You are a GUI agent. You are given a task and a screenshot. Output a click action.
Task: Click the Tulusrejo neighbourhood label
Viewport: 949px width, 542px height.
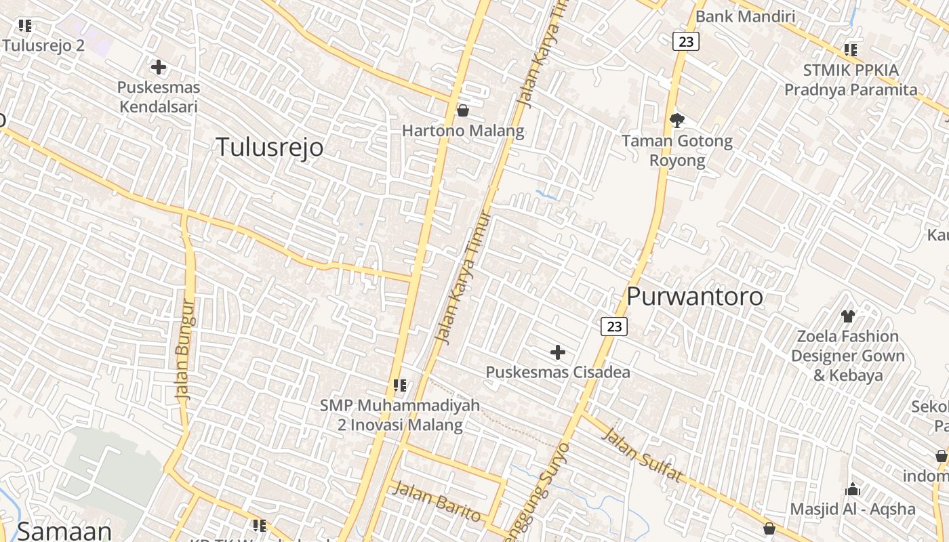(x=270, y=147)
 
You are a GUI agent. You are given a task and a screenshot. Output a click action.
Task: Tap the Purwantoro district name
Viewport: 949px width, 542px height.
(x=695, y=296)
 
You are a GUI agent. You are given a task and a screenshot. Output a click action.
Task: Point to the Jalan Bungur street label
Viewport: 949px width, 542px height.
(x=184, y=349)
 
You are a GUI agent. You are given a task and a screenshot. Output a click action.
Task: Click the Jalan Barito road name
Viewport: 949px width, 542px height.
(x=437, y=501)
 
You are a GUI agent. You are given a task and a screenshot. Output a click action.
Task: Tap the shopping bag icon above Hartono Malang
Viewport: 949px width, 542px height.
(x=463, y=110)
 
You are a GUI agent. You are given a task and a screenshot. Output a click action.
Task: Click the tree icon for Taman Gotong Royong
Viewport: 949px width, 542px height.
(x=677, y=121)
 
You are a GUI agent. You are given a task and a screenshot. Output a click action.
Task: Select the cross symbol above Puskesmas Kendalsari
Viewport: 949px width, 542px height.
(x=159, y=67)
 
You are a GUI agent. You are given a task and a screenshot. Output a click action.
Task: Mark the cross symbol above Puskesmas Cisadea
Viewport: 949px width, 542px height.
(x=558, y=352)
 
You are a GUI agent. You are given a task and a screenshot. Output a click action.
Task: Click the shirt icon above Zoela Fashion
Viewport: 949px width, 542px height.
(x=847, y=316)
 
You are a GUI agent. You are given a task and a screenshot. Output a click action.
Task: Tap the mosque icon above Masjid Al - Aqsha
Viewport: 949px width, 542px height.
(x=853, y=489)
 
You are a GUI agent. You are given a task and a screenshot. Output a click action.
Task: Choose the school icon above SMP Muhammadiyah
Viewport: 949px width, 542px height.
(x=400, y=385)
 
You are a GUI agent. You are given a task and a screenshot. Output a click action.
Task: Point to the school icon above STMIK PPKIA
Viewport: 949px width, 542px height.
(x=851, y=50)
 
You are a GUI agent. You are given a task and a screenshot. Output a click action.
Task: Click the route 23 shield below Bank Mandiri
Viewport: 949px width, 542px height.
(x=686, y=41)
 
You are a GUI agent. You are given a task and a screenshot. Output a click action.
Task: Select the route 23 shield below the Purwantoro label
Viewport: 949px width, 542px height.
(x=614, y=327)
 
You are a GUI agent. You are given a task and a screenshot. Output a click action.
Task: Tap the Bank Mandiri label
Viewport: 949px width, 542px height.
(x=745, y=16)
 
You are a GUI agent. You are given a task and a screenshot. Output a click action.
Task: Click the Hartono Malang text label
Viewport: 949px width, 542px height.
(x=463, y=131)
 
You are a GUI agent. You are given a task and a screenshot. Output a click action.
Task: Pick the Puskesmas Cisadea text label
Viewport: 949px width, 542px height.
(x=558, y=372)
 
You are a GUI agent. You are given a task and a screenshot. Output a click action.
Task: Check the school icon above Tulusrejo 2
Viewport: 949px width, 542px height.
(x=25, y=26)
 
